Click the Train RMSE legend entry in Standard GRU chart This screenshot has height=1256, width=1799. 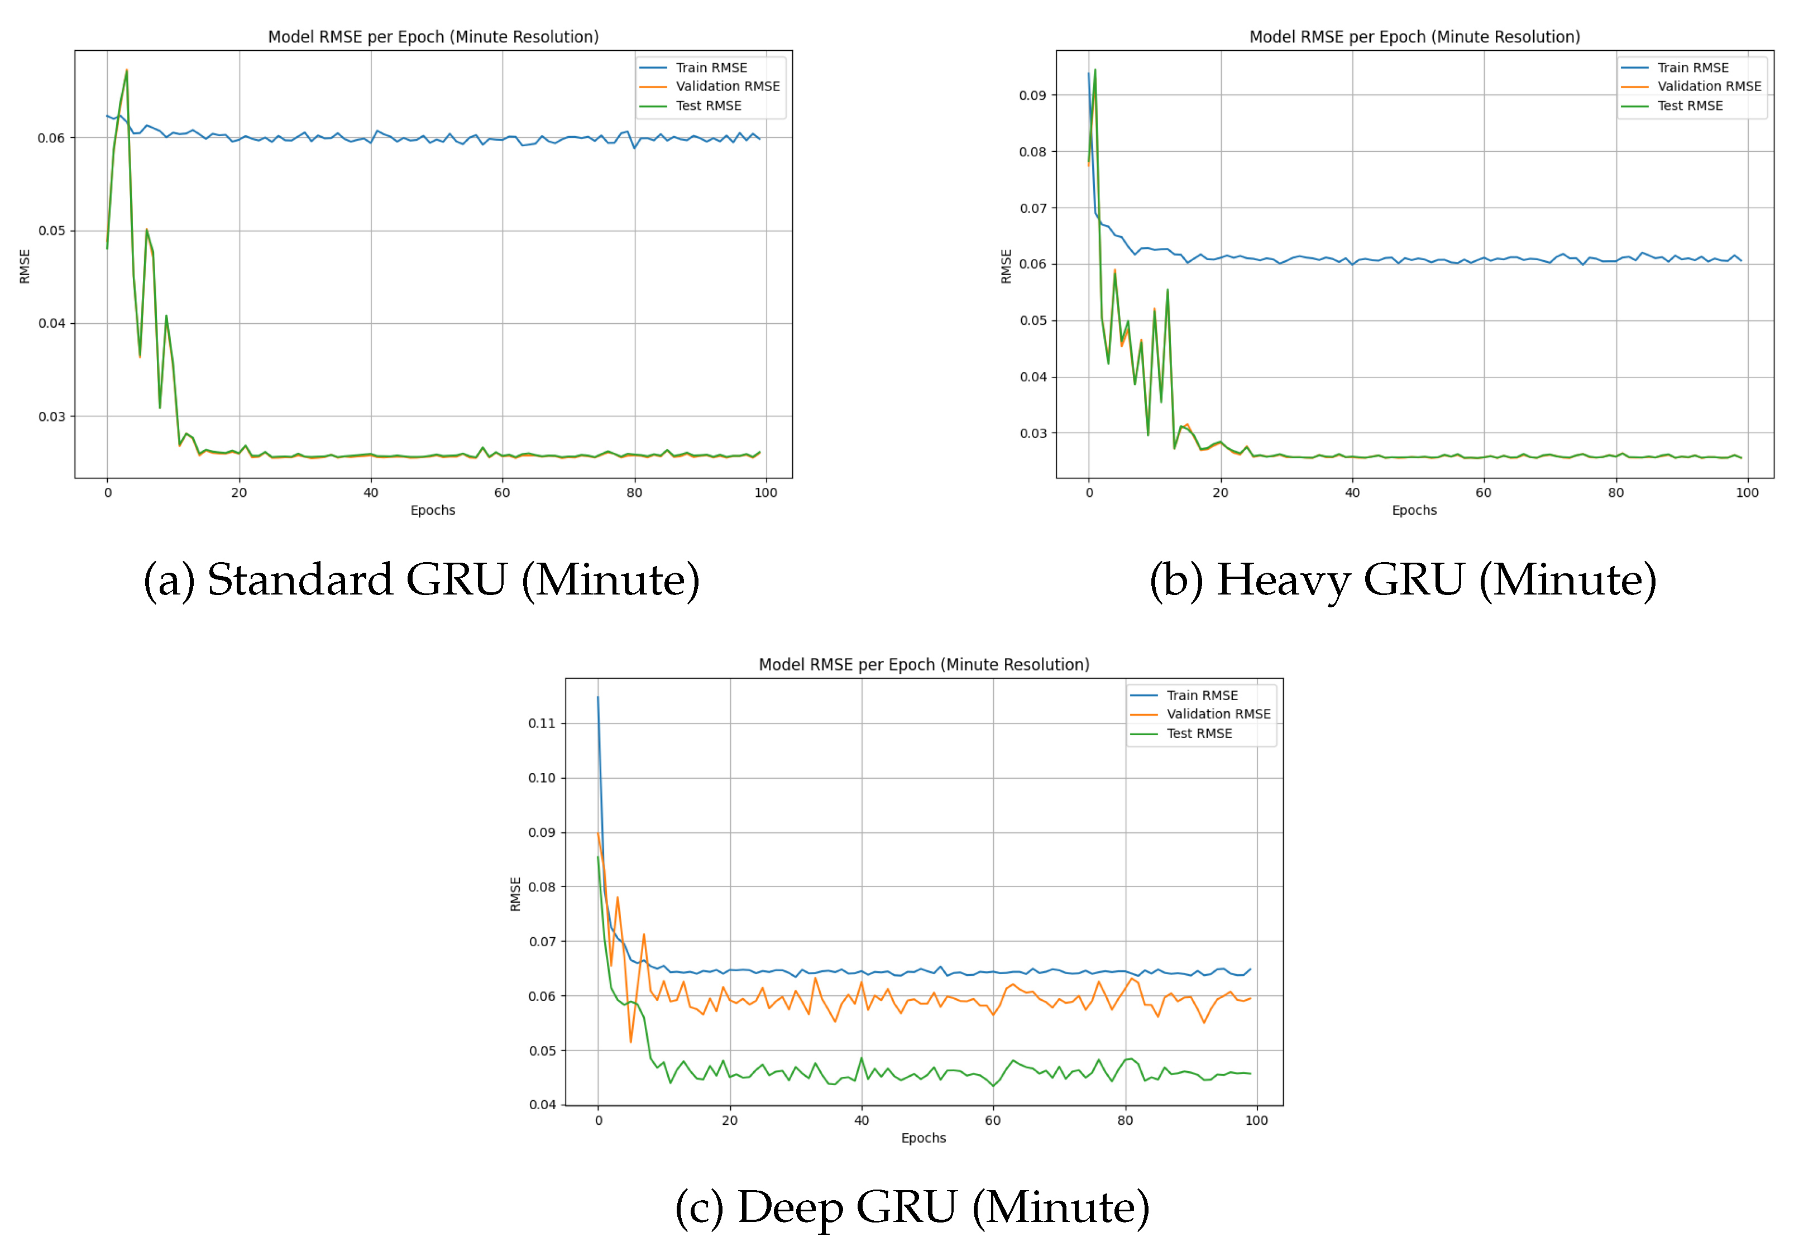click(711, 68)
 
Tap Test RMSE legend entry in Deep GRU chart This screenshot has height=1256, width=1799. click(1199, 734)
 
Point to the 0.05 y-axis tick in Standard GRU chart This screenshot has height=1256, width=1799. click(52, 231)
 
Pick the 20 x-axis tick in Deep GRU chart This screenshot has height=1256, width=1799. click(729, 1120)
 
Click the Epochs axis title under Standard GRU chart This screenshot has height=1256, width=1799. click(433, 510)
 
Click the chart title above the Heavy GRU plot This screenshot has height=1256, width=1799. click(1414, 37)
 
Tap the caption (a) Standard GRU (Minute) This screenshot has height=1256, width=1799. click(422, 581)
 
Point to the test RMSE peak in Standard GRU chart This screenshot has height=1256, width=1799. click(127, 70)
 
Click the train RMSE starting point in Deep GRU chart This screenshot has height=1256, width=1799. click(598, 697)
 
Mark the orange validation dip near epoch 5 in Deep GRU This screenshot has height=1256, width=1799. click(631, 1041)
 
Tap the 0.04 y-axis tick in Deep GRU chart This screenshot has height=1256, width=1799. click(542, 1105)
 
